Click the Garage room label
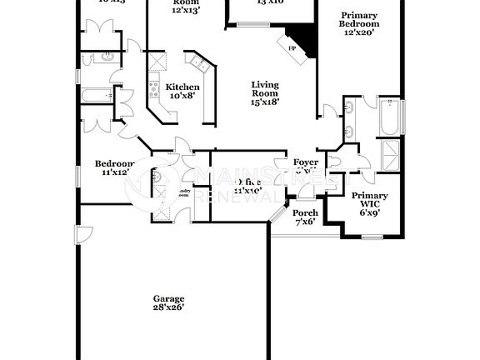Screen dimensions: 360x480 click(168, 297)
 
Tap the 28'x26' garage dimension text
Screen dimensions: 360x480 click(168, 307)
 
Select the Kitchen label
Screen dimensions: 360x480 click(182, 87)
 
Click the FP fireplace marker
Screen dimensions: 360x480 click(292, 50)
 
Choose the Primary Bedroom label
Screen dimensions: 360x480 click(358, 20)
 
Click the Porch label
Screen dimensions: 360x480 click(306, 212)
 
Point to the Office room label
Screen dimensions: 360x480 click(250, 182)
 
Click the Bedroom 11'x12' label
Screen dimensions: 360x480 click(112, 163)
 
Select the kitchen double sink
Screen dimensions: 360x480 click(199, 63)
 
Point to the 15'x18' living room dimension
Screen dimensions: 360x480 click(265, 102)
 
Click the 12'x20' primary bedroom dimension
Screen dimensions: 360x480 click(358, 32)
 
